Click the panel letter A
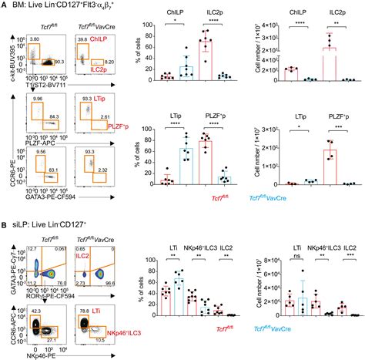click(x=5, y=6)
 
